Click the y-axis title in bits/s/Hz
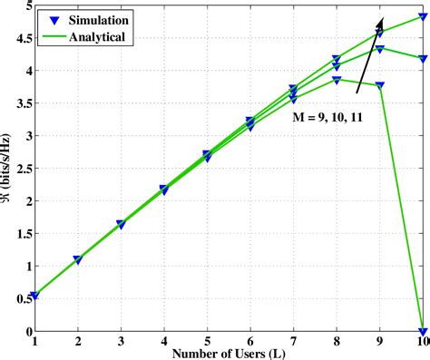(9, 168)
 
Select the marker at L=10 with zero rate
(423, 331)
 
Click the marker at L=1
(34, 296)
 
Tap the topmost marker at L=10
(423, 16)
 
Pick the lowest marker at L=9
(379, 85)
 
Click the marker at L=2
(78, 259)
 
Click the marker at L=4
(164, 190)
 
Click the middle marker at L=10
(423, 58)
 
